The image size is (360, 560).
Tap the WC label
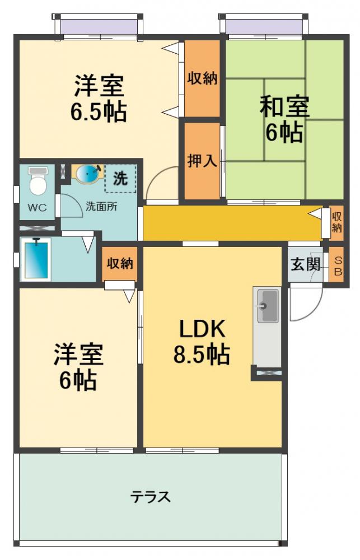pyautogui.click(x=38, y=208)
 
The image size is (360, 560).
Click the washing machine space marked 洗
pyautogui.click(x=120, y=179)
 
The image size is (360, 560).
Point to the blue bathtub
pyautogui.click(x=36, y=259)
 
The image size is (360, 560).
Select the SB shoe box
pyautogui.click(x=337, y=265)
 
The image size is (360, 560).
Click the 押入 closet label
pyautogui.click(x=202, y=161)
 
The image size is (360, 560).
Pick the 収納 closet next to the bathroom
pyautogui.click(x=120, y=263)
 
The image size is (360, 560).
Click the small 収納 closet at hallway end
pyautogui.click(x=336, y=221)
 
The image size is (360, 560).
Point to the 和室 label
pyautogui.click(x=284, y=106)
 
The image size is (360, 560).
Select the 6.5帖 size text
pyautogui.click(x=98, y=112)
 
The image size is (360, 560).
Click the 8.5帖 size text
pyautogui.click(x=202, y=354)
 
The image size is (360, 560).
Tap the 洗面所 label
pyautogui.click(x=101, y=206)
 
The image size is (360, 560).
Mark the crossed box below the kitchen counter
pyautogui.click(x=267, y=372)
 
